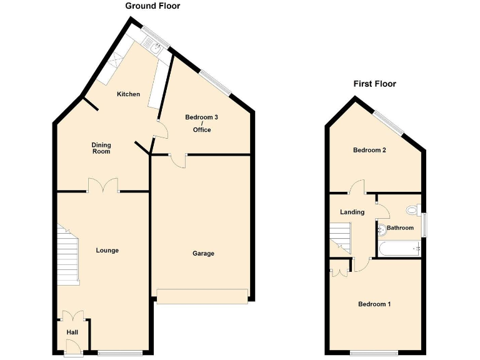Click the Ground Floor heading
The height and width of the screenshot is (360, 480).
coord(152,6)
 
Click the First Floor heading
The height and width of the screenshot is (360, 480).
coord(374,84)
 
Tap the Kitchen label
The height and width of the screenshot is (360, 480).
coord(129,94)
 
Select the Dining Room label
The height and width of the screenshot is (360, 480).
coord(101,147)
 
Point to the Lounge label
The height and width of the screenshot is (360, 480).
coord(107,251)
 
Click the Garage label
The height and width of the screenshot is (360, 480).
coord(203,253)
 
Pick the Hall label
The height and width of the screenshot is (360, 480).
coord(72,332)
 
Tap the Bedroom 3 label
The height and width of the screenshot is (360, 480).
coord(201,117)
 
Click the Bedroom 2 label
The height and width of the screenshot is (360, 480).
coord(369,150)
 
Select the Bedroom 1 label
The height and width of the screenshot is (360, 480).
coord(374,304)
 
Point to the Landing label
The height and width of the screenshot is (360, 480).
coord(352,212)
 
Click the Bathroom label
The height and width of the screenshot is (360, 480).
coord(400,228)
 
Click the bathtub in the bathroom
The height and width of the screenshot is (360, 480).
coord(400,249)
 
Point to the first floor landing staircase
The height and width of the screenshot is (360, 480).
coord(341,237)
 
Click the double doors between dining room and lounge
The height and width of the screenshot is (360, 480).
coord(103,186)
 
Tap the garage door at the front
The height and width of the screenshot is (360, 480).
coord(202,296)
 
